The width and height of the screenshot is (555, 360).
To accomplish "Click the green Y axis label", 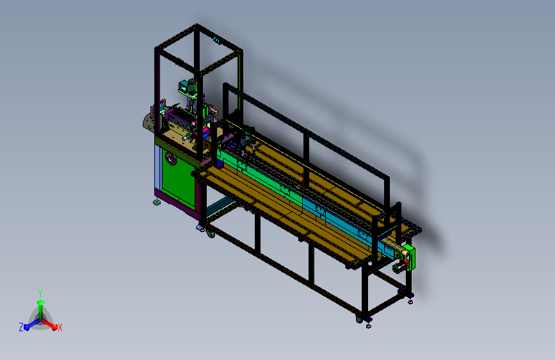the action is [40, 293].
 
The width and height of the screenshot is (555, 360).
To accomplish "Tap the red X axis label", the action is [60, 327].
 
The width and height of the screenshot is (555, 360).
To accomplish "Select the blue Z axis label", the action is [21, 327].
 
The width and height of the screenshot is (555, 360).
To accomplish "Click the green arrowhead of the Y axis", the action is [41, 302].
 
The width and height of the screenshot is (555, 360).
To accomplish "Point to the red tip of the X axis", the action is [54, 327].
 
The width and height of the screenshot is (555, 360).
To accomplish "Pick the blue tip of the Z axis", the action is [28, 327].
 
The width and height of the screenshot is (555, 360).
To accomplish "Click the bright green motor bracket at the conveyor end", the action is [410, 257].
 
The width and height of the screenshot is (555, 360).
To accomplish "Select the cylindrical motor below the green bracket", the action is [398, 267].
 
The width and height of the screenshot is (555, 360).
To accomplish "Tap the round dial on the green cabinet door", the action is [171, 159].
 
